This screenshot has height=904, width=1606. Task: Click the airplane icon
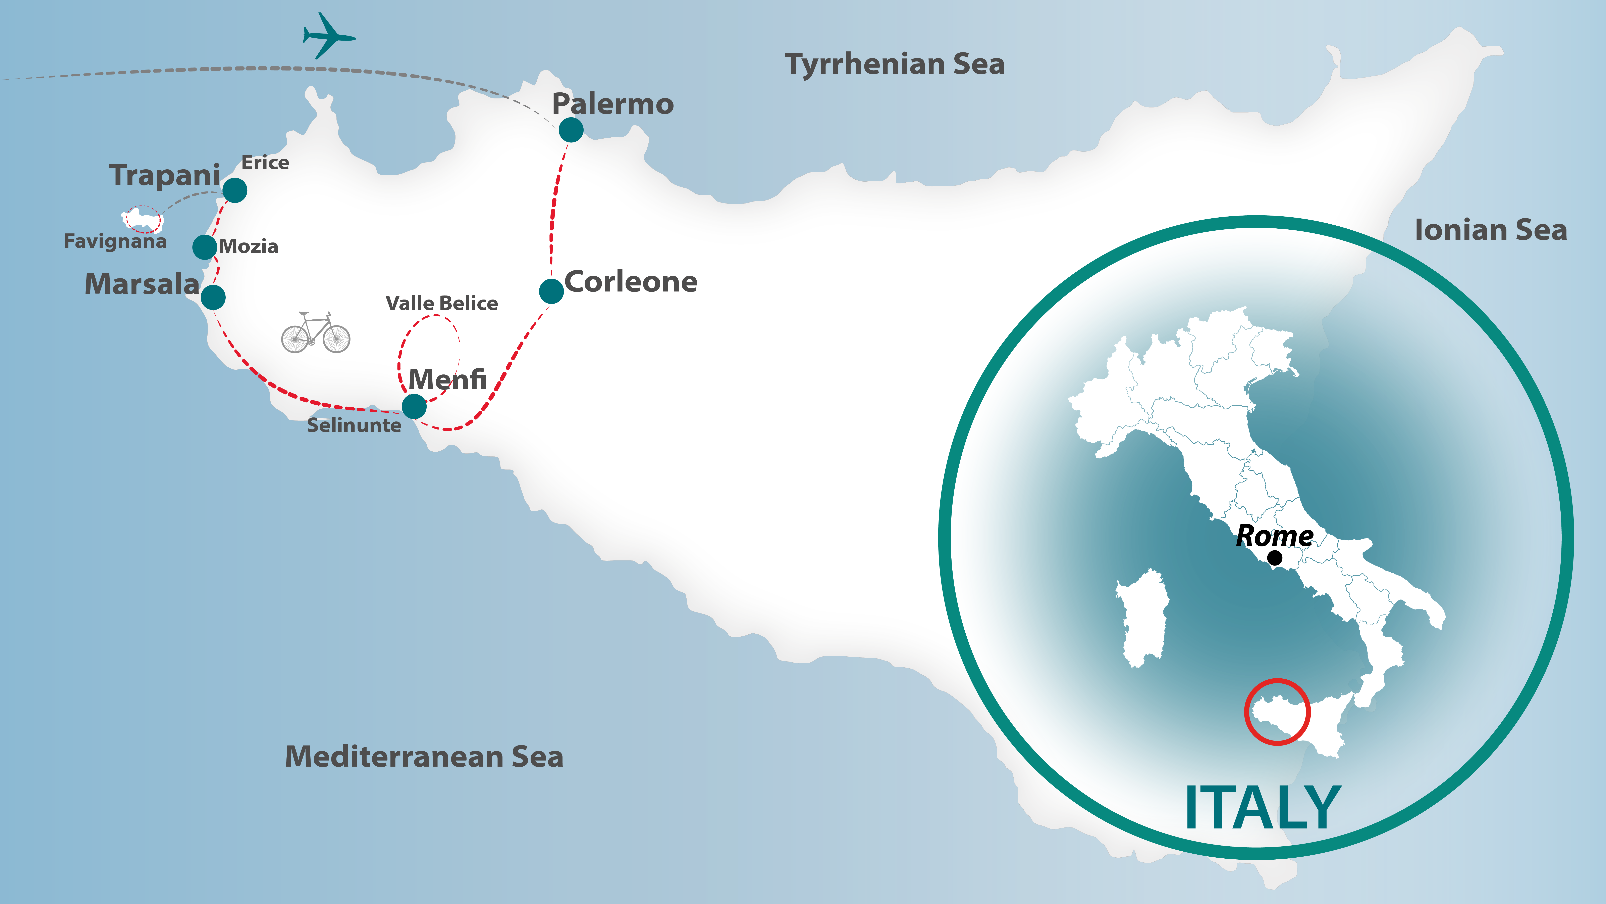(x=329, y=36)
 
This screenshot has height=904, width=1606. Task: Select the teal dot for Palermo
(x=571, y=130)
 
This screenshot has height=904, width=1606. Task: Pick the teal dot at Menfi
(x=414, y=406)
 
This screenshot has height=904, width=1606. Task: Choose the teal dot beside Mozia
(x=205, y=247)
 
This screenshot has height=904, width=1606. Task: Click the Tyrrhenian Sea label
(x=895, y=64)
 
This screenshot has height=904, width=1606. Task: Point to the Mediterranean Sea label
(x=424, y=757)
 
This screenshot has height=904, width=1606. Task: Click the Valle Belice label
(x=441, y=303)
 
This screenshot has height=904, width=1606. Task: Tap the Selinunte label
(x=354, y=425)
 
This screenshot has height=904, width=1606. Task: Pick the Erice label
(x=265, y=163)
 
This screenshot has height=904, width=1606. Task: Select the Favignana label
(x=115, y=241)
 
